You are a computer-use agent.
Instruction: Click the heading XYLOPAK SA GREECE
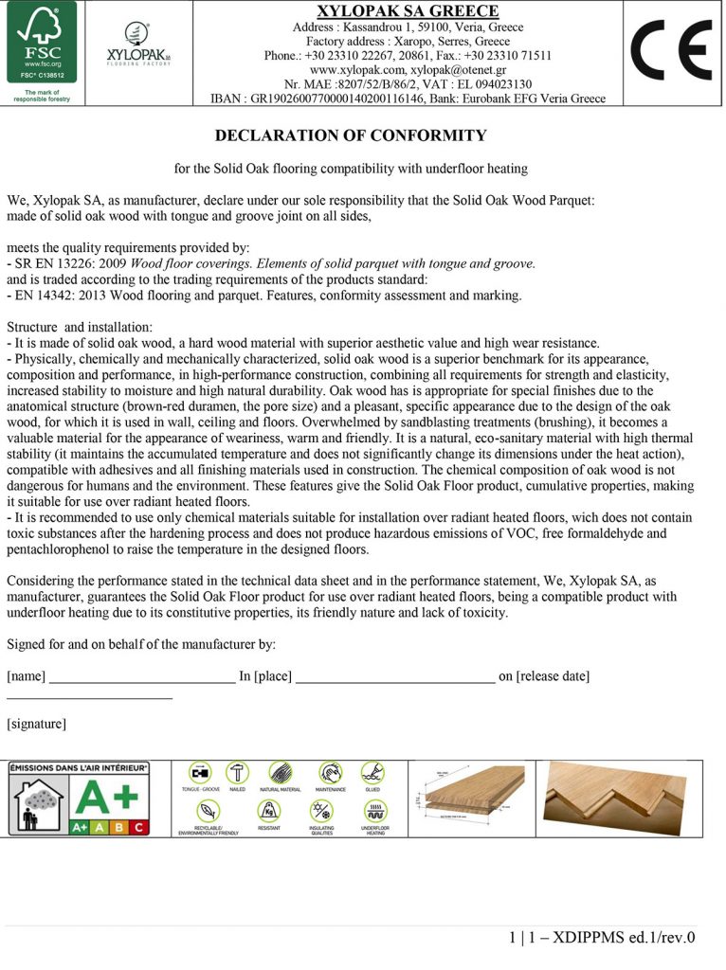click(408, 11)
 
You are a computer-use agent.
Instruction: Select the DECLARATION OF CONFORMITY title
click(351, 135)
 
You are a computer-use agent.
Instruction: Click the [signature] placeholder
click(36, 724)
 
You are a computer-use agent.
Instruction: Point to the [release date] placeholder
click(553, 675)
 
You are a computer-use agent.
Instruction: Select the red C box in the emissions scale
click(139, 827)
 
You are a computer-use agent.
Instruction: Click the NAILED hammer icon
click(237, 772)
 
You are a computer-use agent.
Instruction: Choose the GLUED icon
click(372, 772)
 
